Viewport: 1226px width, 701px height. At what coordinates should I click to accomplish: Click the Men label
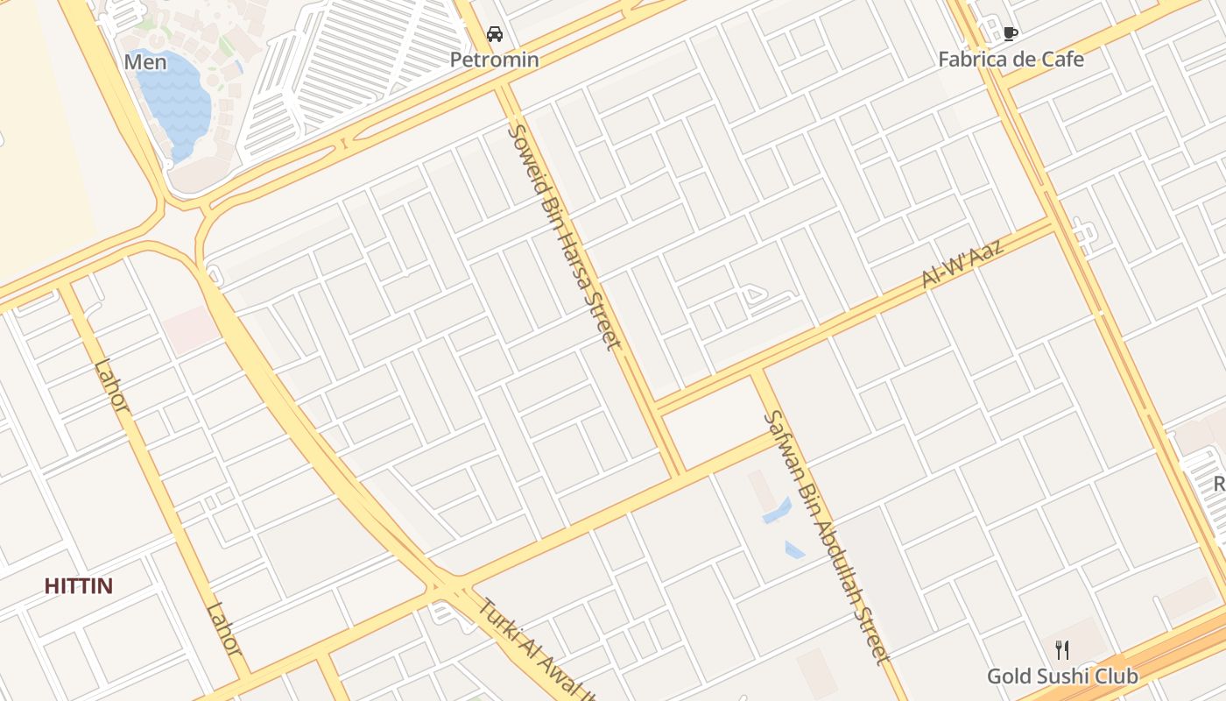pyautogui.click(x=145, y=62)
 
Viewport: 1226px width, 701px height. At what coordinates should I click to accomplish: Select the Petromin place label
pyautogui.click(x=494, y=60)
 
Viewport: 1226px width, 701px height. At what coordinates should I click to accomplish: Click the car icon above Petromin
pyautogui.click(x=495, y=34)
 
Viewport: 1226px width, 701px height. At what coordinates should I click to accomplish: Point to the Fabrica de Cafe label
pyautogui.click(x=1011, y=60)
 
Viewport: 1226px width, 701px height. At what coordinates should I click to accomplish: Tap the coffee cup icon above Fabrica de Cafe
pyautogui.click(x=1010, y=34)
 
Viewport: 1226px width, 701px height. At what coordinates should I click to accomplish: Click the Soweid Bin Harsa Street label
pyautogui.click(x=565, y=237)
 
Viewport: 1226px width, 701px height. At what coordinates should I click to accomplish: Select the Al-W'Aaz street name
pyautogui.click(x=962, y=262)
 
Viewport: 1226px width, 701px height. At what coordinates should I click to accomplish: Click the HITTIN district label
pyautogui.click(x=79, y=586)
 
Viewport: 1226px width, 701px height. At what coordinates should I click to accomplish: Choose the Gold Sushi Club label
pyautogui.click(x=1062, y=676)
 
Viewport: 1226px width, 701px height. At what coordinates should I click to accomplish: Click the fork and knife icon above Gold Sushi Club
pyautogui.click(x=1062, y=650)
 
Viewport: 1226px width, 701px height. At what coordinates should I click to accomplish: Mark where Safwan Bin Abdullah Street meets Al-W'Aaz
pyautogui.click(x=759, y=372)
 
